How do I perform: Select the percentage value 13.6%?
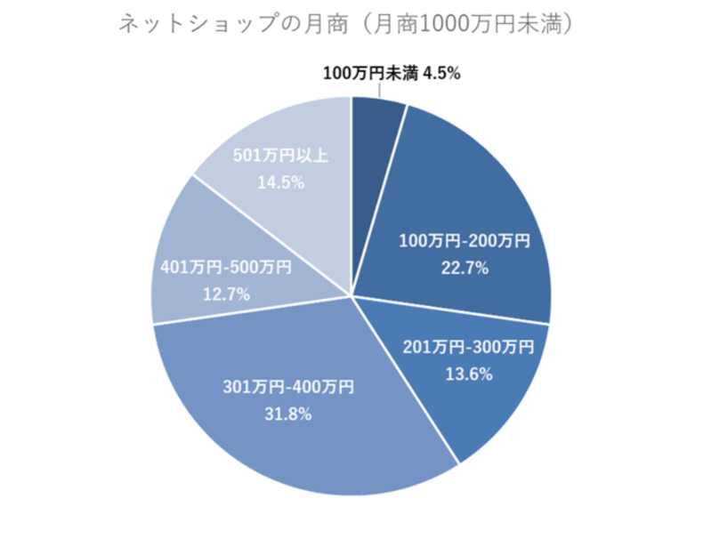[467, 374]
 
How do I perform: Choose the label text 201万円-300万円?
[468, 348]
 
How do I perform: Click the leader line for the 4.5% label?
[381, 89]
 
